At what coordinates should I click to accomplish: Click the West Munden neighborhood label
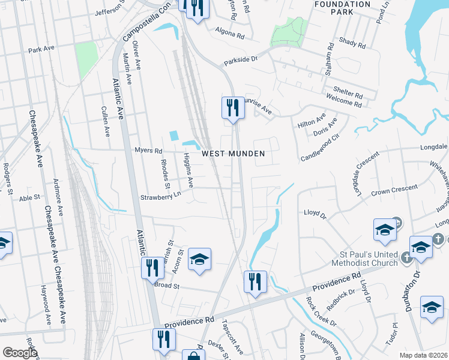[x=233, y=154]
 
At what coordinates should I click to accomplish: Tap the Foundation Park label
[x=343, y=8]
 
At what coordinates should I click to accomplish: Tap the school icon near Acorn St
[x=199, y=259]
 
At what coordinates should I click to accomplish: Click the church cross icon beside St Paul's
[x=406, y=256]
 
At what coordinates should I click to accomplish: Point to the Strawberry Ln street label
[x=160, y=196]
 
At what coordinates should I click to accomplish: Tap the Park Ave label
[x=41, y=49]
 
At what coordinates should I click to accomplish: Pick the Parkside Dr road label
[x=240, y=60]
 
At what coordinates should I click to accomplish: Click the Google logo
[x=20, y=353]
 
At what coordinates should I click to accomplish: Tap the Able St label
[x=29, y=197]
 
